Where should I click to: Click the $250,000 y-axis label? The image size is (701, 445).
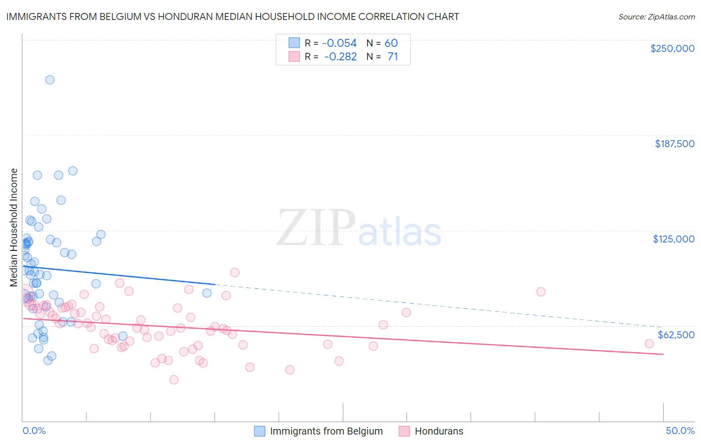(x=672, y=48)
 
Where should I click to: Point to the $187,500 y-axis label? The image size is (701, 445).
(x=674, y=144)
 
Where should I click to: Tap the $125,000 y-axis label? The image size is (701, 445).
(x=674, y=239)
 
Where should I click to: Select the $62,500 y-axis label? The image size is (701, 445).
(x=676, y=335)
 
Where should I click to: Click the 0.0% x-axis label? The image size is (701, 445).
(x=34, y=431)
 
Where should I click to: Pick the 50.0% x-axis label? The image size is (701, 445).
(x=680, y=431)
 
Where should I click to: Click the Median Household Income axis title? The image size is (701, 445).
(x=13, y=227)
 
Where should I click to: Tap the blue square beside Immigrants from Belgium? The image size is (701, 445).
(x=260, y=431)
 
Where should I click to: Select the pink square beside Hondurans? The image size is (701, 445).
(x=404, y=431)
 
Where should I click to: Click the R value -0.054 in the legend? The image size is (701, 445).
(x=339, y=43)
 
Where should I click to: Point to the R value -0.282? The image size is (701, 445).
(x=340, y=57)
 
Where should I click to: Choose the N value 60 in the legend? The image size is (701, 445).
(x=391, y=43)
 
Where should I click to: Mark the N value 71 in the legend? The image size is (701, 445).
(x=392, y=57)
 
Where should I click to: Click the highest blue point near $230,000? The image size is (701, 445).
(x=50, y=80)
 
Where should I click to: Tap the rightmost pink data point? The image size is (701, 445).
(x=649, y=344)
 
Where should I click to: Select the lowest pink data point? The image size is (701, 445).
(x=174, y=380)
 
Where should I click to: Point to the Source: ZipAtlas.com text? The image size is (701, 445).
(x=656, y=17)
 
